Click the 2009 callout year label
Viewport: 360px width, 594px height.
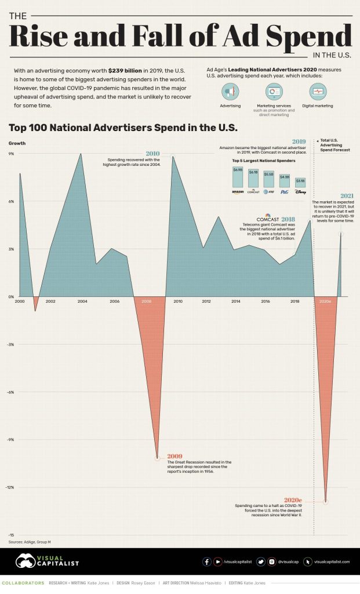(174, 457)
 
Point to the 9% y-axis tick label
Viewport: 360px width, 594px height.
(11, 154)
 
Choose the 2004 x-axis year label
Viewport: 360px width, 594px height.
(82, 302)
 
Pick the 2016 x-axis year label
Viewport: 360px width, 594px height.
(265, 302)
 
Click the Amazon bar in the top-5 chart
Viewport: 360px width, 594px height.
(238, 177)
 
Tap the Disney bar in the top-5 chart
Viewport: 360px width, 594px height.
(300, 183)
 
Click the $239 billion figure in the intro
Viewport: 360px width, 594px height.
(125, 70)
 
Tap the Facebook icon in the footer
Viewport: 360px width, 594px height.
(207, 562)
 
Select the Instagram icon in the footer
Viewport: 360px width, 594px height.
(271, 562)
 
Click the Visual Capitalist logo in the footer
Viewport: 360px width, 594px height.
(48, 561)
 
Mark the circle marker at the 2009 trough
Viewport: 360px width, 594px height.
(158, 458)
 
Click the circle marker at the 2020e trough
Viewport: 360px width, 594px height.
(325, 501)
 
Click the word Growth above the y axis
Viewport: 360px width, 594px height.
(16, 143)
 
